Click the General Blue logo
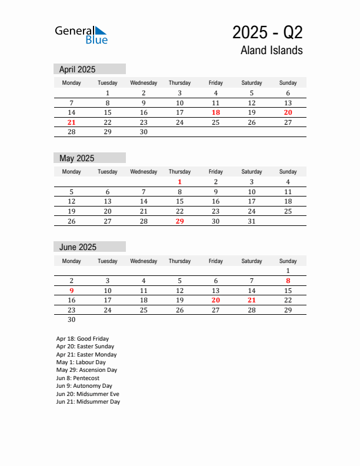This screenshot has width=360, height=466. pyautogui.click(x=81, y=35)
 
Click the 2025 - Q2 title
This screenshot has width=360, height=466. pyautogui.click(x=267, y=32)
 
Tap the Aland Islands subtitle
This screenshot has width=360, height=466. pyautogui.click(x=271, y=50)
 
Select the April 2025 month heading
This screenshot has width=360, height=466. pyautogui.click(x=77, y=69)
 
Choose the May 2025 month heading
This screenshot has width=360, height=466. pyautogui.click(x=76, y=158)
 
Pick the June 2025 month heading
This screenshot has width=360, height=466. pyautogui.click(x=78, y=247)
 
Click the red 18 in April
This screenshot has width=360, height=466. pyautogui.click(x=216, y=112)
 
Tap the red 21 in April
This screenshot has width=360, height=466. pyautogui.click(x=72, y=122)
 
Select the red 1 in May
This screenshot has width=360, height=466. pyautogui.click(x=180, y=182)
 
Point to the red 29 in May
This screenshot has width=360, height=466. pyautogui.click(x=180, y=221)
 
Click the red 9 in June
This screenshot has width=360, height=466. pyautogui.click(x=72, y=290)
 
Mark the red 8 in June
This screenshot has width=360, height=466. pyautogui.click(x=288, y=281)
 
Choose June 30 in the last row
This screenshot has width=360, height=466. pyautogui.click(x=72, y=319)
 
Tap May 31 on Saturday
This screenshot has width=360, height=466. pyautogui.click(x=252, y=221)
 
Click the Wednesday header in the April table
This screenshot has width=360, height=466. pyautogui.click(x=144, y=83)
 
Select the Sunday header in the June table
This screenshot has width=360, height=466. pyautogui.click(x=288, y=261)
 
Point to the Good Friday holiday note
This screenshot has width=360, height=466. pyautogui.click(x=82, y=339)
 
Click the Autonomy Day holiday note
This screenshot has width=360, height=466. pyautogui.click(x=85, y=386)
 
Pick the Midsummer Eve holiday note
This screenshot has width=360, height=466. pyautogui.click(x=88, y=394)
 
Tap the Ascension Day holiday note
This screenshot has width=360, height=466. pyautogui.click(x=86, y=370)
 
